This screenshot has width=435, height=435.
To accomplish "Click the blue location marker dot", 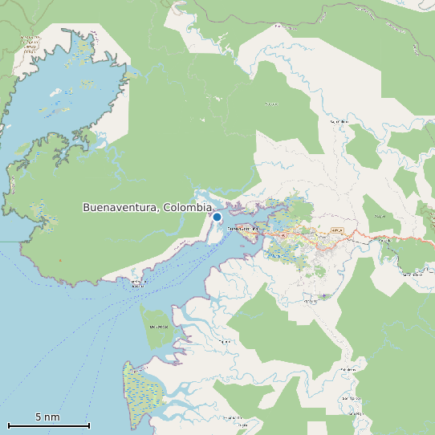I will [x=217, y=217].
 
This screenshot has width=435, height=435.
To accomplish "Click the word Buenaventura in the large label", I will [x=120, y=208].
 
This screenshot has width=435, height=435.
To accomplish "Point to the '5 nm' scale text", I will [x=47, y=417].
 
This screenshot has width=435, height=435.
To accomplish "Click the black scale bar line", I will [x=48, y=425].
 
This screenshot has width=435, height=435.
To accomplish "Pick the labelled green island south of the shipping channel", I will [x=158, y=326].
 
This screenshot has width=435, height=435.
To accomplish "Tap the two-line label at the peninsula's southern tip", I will [x=137, y=283].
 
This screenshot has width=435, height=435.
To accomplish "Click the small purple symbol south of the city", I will [x=323, y=297].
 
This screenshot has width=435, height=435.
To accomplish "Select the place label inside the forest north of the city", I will [x=271, y=104].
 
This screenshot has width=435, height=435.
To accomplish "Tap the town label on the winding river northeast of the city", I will [x=339, y=121].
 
